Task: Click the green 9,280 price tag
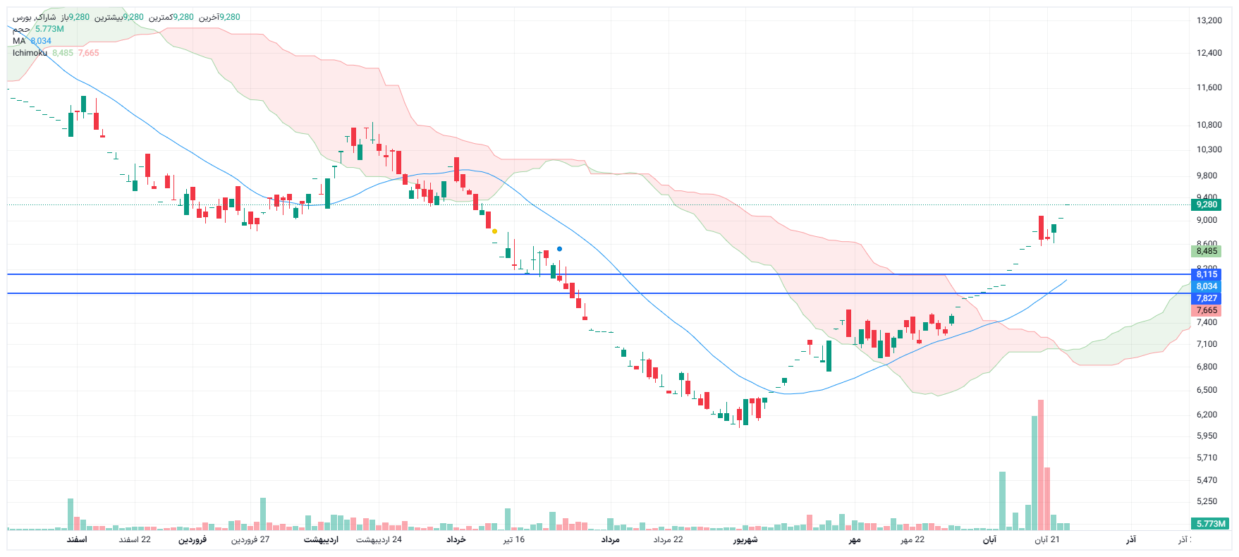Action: coord(1206,204)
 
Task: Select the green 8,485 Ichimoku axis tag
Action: coord(1206,251)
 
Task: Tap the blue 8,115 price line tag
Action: coord(1206,274)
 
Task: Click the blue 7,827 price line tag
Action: coord(1206,298)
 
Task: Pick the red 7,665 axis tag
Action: coord(1206,310)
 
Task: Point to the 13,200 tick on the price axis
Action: coord(1209,20)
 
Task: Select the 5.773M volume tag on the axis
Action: coord(1210,524)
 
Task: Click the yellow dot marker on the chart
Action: coord(494,231)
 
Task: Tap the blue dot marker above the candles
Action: coord(559,249)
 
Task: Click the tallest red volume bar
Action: coord(1041,465)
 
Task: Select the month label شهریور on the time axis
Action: coord(745,540)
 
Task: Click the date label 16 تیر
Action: coord(513,540)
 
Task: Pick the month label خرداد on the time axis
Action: coord(456,540)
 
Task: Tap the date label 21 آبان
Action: coord(1046,540)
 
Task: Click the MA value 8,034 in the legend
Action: coord(41,41)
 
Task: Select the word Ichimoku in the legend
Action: coord(30,53)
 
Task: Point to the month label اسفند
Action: coord(77,540)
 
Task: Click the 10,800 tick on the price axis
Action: coord(1209,125)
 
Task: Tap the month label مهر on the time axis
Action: coord(855,540)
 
